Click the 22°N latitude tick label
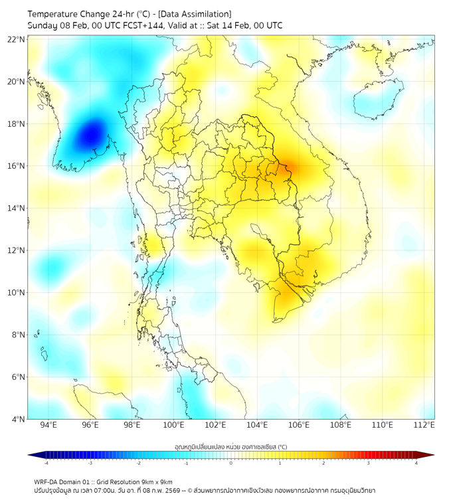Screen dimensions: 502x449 click(17, 39)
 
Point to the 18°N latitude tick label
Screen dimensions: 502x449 click(17, 124)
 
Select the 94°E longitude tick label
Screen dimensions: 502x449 click(48, 425)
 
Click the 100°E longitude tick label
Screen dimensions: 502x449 click(173, 425)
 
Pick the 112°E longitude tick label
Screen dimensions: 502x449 click(424, 425)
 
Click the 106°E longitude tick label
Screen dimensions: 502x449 click(299, 425)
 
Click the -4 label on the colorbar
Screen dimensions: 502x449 click(46, 463)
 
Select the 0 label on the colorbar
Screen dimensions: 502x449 click(231, 463)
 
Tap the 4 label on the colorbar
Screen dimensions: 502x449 click(416, 463)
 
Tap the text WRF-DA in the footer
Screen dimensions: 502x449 click(47, 481)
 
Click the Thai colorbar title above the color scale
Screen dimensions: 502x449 click(230, 447)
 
